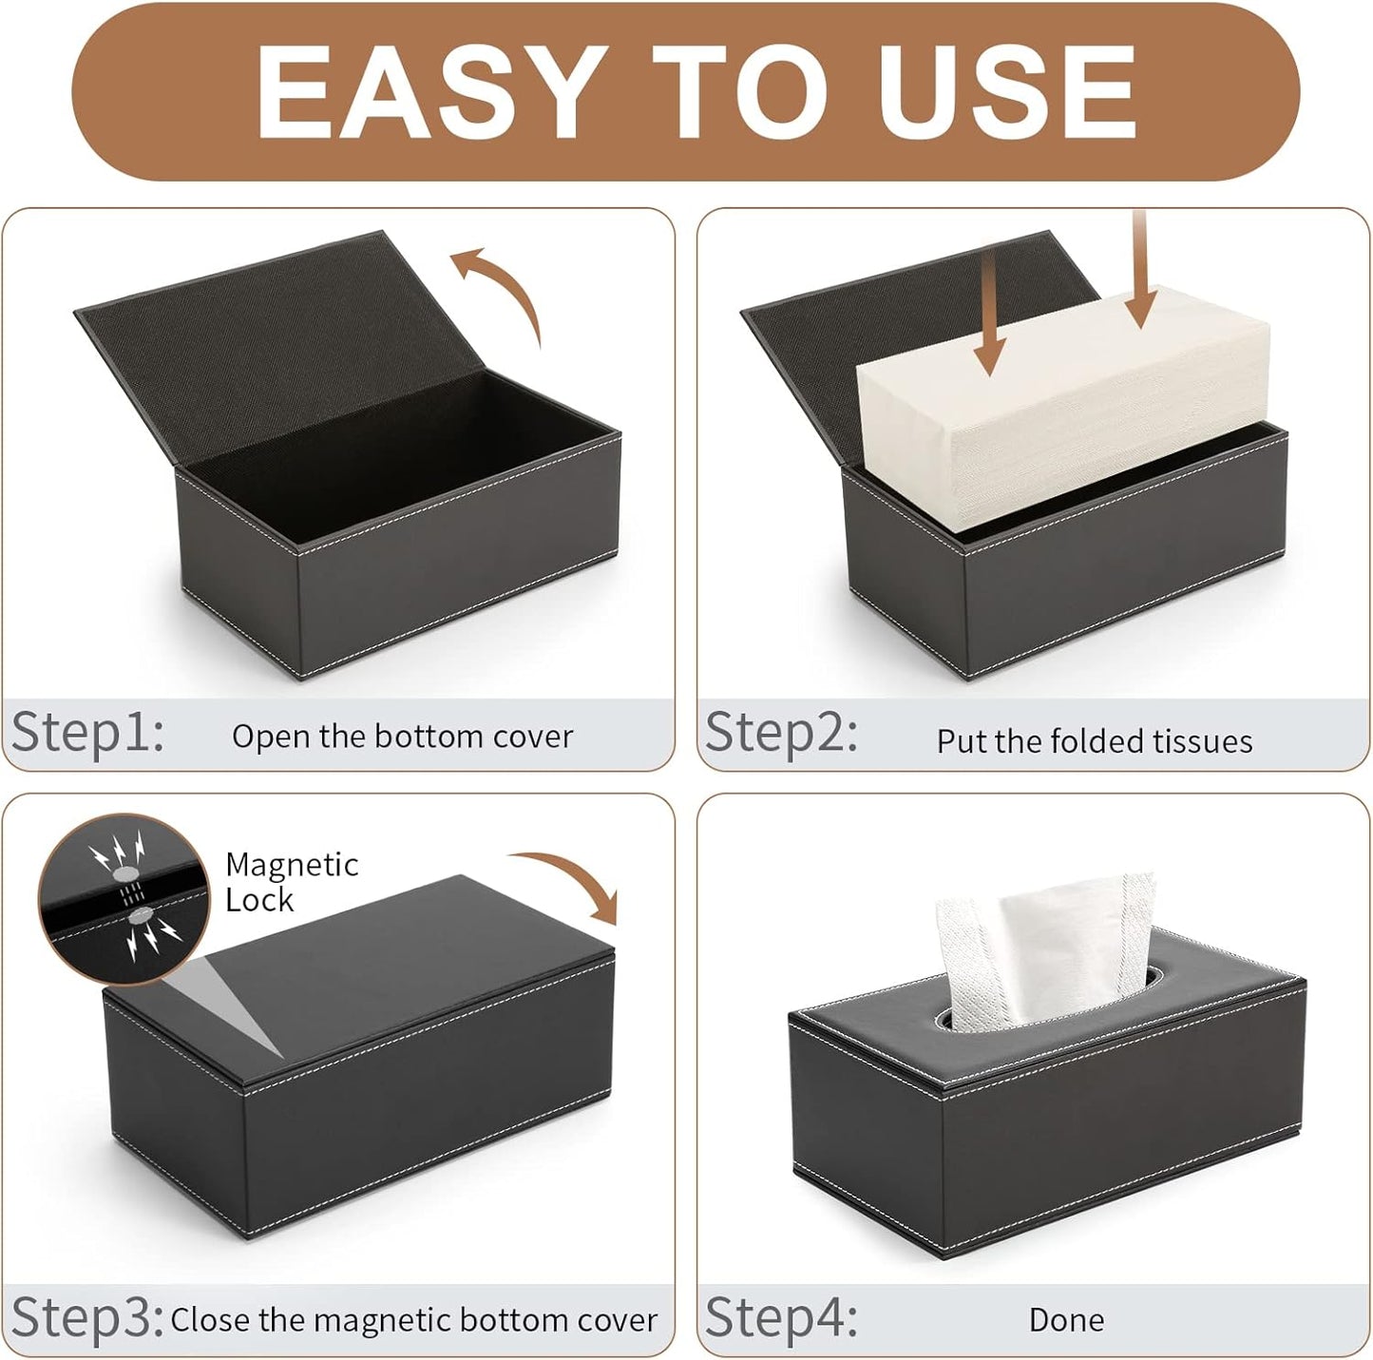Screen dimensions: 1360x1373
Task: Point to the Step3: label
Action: pos(87,1317)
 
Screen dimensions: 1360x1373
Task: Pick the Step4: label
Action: pos(781,1317)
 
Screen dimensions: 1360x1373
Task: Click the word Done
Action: pos(1066,1320)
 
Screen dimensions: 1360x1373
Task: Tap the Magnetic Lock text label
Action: pos(291,882)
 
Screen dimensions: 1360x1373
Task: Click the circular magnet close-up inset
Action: pos(124,897)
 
